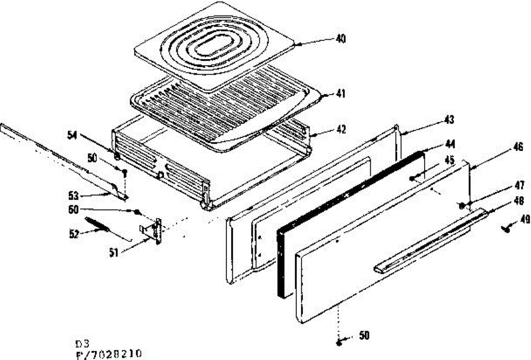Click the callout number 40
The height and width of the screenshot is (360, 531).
(340, 39)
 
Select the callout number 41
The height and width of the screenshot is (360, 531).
(340, 94)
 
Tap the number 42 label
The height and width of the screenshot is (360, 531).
(340, 130)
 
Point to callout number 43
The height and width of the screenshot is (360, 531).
(449, 120)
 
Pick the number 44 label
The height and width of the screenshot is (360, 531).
(450, 144)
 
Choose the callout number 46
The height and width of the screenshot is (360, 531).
(519, 147)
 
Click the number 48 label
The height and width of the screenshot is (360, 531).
(519, 200)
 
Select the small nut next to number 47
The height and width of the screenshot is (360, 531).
(462, 205)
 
